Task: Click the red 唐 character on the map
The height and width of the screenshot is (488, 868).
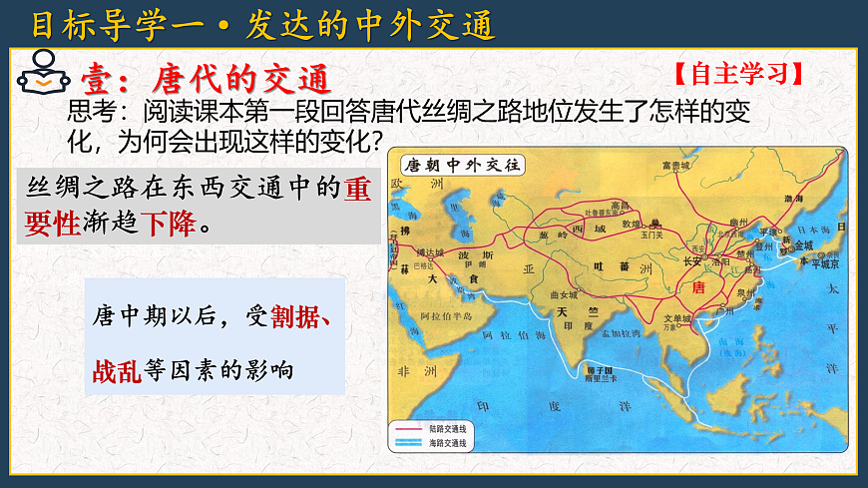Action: (x=698, y=286)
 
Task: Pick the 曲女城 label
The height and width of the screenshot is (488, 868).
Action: (x=564, y=296)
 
